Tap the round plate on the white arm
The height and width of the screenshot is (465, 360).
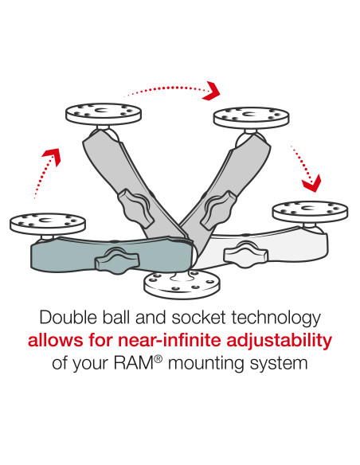click(309, 211)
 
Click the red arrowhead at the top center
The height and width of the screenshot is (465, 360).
click(212, 90)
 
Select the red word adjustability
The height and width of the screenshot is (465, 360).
click(276, 342)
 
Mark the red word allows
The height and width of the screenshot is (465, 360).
click(53, 342)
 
